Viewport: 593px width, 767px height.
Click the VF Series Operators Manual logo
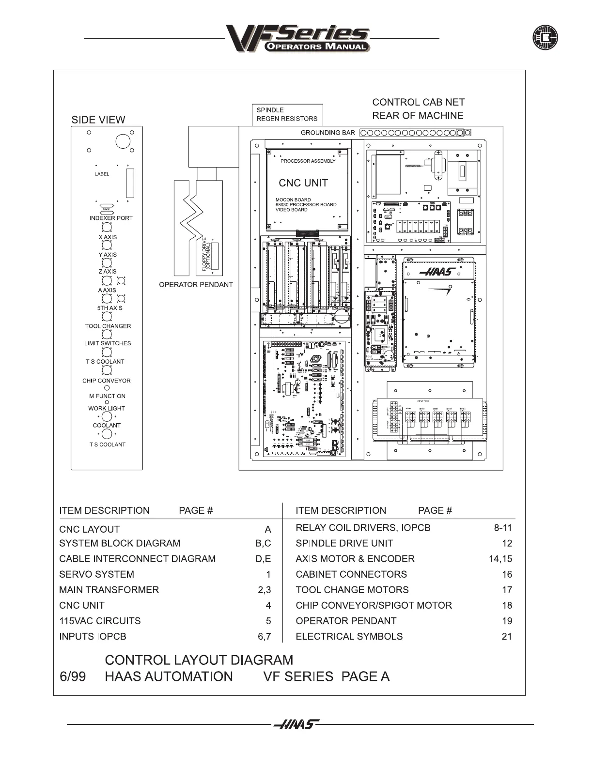(x=298, y=39)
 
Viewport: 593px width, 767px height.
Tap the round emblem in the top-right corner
(x=545, y=37)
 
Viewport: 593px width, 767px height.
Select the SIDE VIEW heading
(x=98, y=120)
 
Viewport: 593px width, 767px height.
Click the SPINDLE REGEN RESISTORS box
(x=287, y=115)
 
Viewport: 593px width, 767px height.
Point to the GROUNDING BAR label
(x=328, y=133)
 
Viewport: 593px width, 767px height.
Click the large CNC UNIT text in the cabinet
(x=303, y=183)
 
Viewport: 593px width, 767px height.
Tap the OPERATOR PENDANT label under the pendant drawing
(x=196, y=285)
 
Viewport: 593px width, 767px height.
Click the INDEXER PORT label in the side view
(x=111, y=218)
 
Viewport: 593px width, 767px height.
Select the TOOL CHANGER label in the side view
(x=108, y=326)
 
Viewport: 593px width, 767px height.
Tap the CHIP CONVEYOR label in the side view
(x=107, y=381)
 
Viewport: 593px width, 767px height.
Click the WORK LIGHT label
(x=107, y=408)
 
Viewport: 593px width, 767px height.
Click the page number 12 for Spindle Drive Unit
(x=507, y=543)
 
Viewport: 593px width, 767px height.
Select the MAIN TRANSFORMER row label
(x=109, y=590)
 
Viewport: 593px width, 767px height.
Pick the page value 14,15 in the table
(x=500, y=559)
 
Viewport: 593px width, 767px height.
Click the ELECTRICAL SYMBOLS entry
(x=349, y=636)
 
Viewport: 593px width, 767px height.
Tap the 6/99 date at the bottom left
(x=73, y=676)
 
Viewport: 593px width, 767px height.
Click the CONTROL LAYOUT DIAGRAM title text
(x=199, y=660)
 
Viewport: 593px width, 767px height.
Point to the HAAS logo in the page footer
(x=296, y=724)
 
